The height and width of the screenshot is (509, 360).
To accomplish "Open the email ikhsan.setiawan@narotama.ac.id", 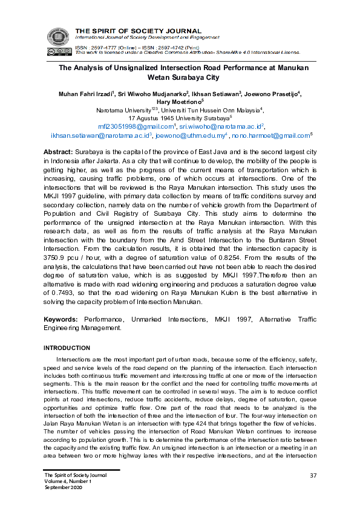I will click(x=99, y=137).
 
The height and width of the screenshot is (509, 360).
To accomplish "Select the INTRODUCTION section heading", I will click(x=67, y=348).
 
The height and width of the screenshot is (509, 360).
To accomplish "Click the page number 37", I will click(x=313, y=475).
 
